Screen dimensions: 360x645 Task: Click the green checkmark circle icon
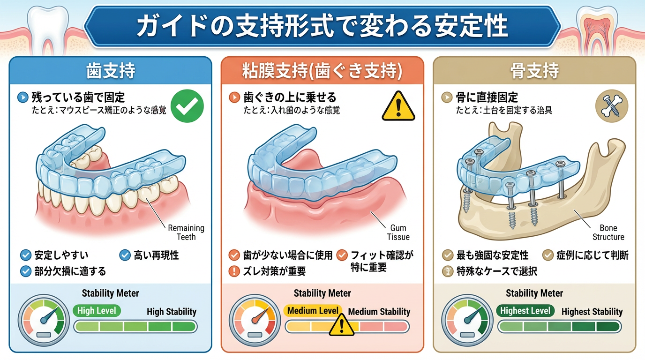187,106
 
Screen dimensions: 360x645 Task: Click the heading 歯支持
111,71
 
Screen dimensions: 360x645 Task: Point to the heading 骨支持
534,71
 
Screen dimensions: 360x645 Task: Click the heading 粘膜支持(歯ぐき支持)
322,71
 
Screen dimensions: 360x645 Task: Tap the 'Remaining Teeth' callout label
186,232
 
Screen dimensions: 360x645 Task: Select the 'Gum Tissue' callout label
398,232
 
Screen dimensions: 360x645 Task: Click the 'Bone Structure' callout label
608,232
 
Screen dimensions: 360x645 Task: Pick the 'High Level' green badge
97,310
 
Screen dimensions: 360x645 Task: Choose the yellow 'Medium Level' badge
313,310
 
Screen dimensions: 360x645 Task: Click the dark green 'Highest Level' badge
525,310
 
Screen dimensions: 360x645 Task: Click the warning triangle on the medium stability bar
341,325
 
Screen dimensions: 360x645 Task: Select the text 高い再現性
156,255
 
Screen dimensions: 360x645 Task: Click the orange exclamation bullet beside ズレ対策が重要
234,271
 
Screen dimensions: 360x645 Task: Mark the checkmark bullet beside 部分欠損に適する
26,271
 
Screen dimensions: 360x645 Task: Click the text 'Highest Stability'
592,312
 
